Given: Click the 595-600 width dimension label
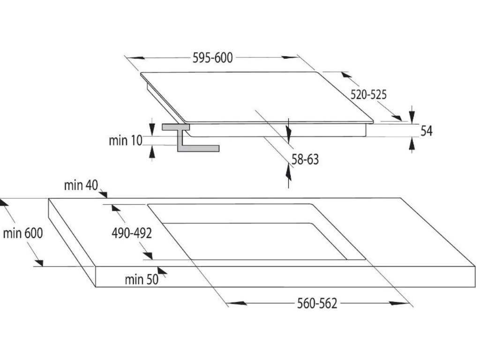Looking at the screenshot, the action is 213,58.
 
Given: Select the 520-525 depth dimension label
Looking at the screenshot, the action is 369,95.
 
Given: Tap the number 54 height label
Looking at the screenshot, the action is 426,131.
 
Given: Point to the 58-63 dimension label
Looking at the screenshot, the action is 305,160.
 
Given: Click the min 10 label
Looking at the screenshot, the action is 125,140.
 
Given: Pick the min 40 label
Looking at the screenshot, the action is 81,186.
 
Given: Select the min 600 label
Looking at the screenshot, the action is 22,233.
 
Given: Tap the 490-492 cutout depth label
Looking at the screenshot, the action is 131,233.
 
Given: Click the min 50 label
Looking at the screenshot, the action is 142,280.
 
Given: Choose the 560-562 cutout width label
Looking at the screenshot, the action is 317,304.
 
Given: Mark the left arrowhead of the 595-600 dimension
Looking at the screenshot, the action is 134,58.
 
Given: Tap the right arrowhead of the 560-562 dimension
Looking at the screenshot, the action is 403,304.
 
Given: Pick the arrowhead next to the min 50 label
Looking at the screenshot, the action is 162,270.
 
